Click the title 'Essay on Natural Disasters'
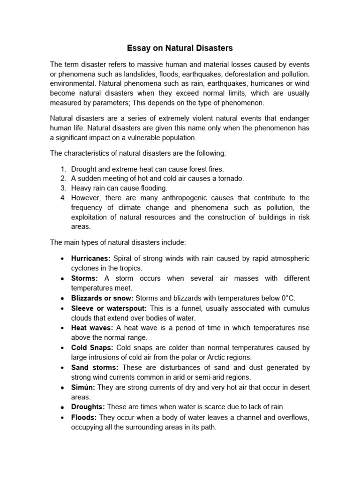180,48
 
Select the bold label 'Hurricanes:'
90,259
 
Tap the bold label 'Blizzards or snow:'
102,298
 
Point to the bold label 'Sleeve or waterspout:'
109,308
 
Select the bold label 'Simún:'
83,388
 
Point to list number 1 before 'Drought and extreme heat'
63,169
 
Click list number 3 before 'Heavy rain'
63,188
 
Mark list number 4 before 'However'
63,198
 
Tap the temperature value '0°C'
285,298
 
